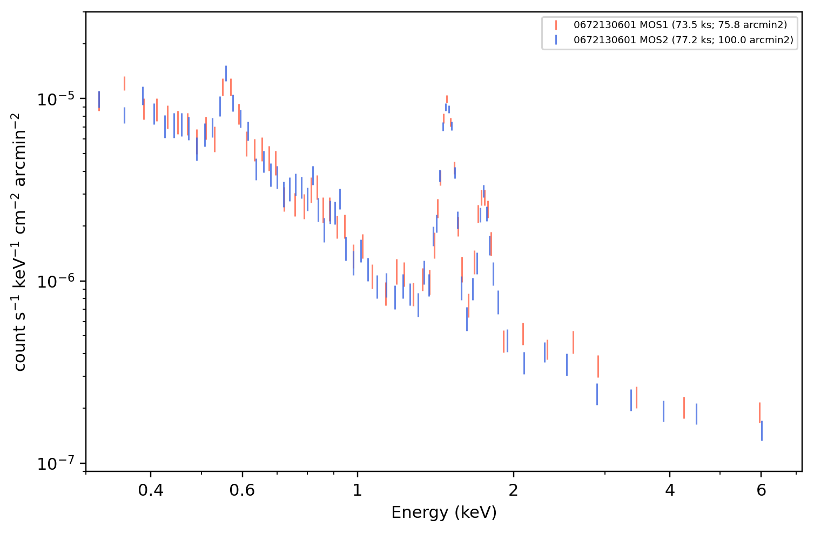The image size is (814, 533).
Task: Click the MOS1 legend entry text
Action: pyautogui.click(x=680, y=25)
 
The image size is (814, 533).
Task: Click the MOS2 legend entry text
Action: pyautogui.click(x=683, y=39)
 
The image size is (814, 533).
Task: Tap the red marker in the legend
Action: pyautogui.click(x=556, y=25)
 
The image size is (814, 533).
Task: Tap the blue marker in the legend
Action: pyautogui.click(x=556, y=39)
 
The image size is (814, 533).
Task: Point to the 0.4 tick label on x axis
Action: pyautogui.click(x=151, y=490)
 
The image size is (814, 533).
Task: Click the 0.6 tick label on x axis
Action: pyautogui.click(x=242, y=490)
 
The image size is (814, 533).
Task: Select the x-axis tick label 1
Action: pyautogui.click(x=358, y=490)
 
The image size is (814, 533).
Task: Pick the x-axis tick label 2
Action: pyautogui.click(x=513, y=490)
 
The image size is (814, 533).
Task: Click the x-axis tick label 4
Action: pyautogui.click(x=670, y=490)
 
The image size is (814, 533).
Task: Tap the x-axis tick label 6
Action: pyautogui.click(x=761, y=490)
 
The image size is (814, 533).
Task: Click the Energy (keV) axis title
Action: pyautogui.click(x=443, y=512)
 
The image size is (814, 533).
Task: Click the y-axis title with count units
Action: pyautogui.click(x=19, y=242)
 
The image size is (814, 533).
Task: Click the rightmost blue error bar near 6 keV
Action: pyautogui.click(x=762, y=431)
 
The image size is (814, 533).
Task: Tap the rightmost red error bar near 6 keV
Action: pyautogui.click(x=759, y=412)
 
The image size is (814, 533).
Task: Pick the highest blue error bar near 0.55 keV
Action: pyautogui.click(x=226, y=74)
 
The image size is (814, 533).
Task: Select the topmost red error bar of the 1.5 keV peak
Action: pyautogui.click(x=447, y=99)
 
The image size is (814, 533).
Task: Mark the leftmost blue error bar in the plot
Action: pyautogui.click(x=99, y=99)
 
